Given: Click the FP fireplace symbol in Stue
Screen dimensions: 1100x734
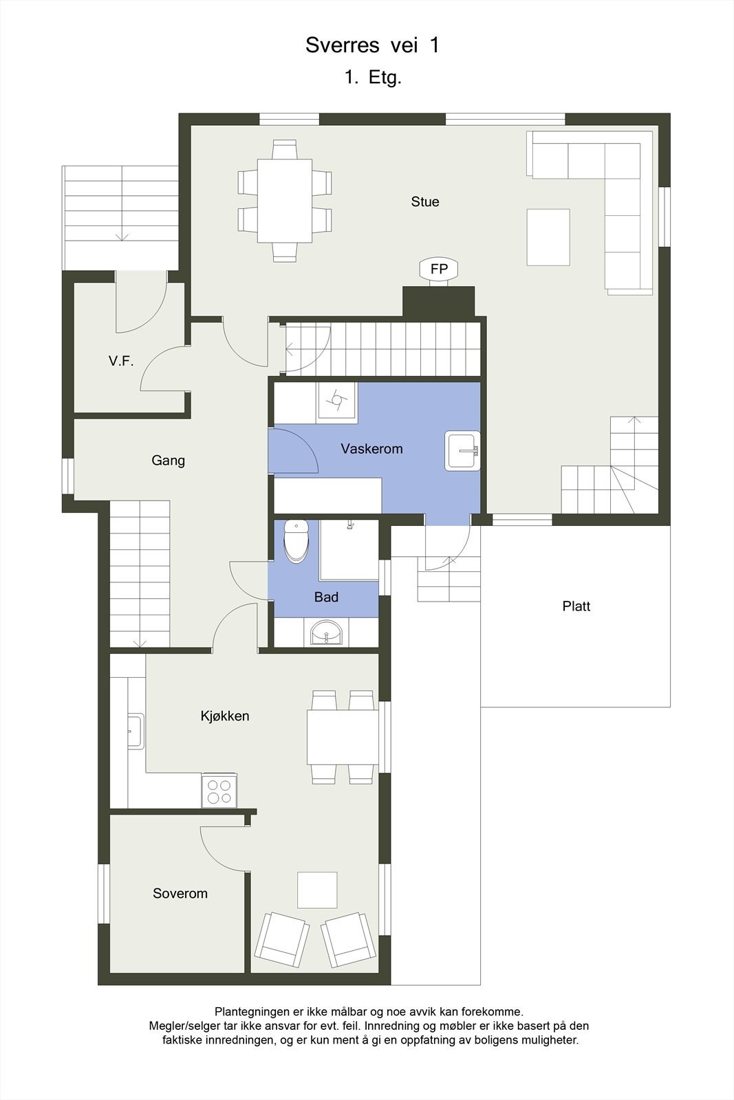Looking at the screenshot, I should point(438,269).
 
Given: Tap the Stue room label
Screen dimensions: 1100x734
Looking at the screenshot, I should point(424,201).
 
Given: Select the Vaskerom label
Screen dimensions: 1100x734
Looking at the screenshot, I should point(371,449).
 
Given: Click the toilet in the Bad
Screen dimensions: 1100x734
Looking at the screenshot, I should point(296,541).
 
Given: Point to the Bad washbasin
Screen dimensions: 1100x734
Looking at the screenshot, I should point(326,632).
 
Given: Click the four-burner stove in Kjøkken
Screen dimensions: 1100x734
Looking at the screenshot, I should point(219,790).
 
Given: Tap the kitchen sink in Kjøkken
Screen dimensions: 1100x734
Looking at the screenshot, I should point(135,731).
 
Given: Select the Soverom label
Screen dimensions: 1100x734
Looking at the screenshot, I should point(180,893).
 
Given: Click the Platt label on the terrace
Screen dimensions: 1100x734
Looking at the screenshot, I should point(576,606).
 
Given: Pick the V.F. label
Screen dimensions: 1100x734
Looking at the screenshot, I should point(121,361).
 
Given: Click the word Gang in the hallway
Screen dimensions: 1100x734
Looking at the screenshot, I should point(168,461).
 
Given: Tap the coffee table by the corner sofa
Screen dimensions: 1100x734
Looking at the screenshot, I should point(548,237).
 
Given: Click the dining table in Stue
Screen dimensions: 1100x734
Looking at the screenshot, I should point(285,200).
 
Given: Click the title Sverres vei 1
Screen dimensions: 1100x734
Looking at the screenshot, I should point(372,45).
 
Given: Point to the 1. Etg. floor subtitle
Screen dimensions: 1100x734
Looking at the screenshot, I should point(373,77).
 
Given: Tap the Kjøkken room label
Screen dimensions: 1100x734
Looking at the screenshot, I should point(225,716).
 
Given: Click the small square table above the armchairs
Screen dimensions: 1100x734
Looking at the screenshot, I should point(317,890).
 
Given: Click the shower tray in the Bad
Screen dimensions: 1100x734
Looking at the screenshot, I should point(349,551).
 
